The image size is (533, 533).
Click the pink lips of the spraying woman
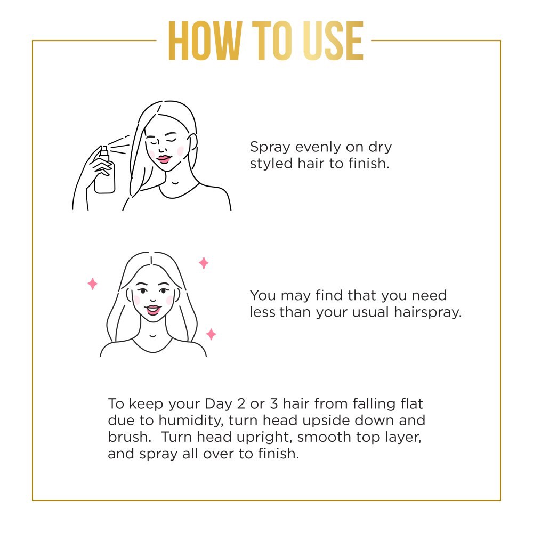pos(164,158)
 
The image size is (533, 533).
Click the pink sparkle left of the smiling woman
pos(93,284)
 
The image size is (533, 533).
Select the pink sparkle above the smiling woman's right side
pos(204,263)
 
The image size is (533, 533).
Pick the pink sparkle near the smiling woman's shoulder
pos(211,334)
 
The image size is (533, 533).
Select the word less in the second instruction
pos(262,312)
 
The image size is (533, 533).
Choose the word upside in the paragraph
pos(336,420)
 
